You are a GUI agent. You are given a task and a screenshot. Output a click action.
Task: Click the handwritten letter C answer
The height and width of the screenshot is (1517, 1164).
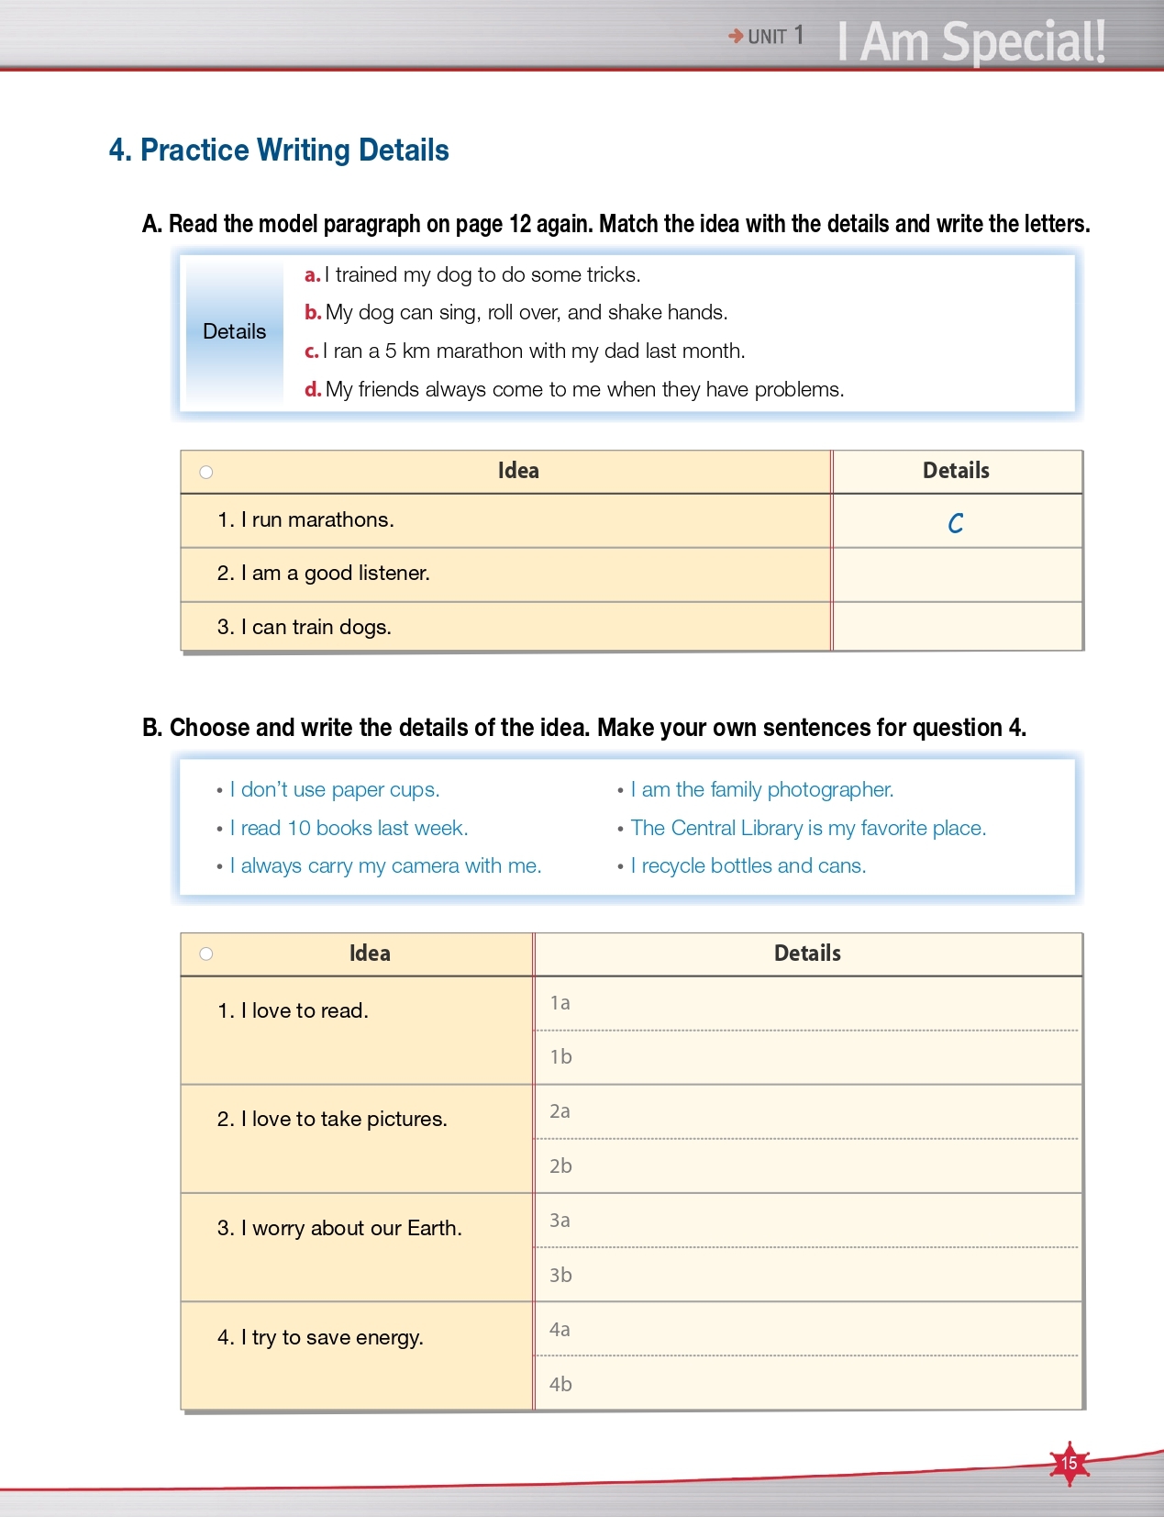(956, 523)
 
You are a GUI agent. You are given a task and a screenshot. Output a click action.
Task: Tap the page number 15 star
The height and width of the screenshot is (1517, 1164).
(1070, 1462)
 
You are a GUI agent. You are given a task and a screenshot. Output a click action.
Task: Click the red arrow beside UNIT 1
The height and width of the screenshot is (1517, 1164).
(736, 37)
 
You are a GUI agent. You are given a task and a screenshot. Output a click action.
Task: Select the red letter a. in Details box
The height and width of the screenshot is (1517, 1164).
(312, 275)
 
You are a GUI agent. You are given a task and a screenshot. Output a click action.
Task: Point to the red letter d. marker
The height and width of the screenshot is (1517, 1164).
(313, 390)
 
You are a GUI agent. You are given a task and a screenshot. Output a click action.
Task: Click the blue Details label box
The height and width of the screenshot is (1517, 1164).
(235, 332)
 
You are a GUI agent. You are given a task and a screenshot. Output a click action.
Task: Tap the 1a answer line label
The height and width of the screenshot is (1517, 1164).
(560, 1003)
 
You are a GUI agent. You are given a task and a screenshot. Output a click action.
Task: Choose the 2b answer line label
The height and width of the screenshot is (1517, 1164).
(560, 1166)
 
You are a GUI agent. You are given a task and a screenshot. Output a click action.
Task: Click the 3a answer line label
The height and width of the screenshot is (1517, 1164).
(560, 1221)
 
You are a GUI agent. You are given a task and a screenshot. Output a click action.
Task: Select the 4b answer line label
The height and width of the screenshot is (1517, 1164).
(560, 1384)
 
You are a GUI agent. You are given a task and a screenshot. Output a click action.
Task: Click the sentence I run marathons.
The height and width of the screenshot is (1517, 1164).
(305, 520)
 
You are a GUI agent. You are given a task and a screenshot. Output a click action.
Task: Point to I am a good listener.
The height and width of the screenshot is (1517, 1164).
(323, 574)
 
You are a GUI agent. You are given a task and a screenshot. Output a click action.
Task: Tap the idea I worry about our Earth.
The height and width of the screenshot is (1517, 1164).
(339, 1229)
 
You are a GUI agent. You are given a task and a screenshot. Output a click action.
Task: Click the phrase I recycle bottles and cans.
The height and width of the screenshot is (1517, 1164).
(748, 866)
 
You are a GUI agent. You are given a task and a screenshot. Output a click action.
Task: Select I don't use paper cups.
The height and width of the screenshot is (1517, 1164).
(335, 790)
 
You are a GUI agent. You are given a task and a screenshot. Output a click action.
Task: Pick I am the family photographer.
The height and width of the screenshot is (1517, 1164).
(761, 790)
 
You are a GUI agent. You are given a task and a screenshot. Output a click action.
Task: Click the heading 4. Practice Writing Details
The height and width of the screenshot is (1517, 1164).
(279, 151)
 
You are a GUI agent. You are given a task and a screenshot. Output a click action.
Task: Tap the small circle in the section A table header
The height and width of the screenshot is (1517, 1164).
(206, 473)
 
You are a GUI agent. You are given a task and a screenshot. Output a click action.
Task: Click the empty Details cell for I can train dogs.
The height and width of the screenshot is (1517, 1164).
(957, 627)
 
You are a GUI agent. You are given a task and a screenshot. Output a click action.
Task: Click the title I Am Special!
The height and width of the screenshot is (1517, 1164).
(970, 42)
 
